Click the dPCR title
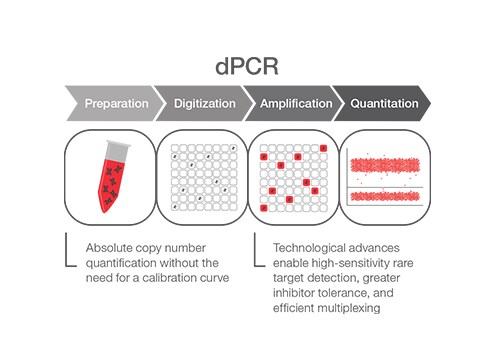[245, 67]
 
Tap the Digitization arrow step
[205, 104]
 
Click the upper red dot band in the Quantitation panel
[386, 163]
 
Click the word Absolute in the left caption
[110, 247]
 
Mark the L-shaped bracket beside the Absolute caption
[68, 252]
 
